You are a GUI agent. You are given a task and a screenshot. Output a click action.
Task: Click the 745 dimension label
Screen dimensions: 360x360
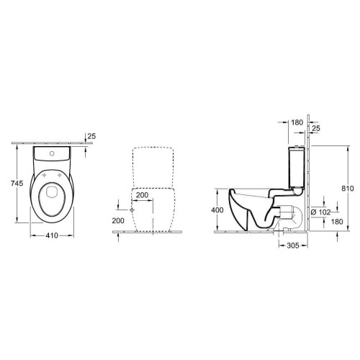(x=17, y=184)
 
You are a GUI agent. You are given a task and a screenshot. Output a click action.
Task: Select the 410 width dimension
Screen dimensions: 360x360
(x=52, y=235)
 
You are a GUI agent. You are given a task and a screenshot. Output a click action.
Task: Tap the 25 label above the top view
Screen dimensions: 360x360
(x=91, y=136)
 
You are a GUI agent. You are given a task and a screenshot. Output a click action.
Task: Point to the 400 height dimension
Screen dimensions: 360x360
(x=217, y=210)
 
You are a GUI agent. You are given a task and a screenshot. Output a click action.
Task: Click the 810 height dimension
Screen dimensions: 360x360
(x=348, y=189)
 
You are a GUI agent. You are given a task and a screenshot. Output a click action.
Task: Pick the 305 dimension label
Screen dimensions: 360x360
(x=293, y=246)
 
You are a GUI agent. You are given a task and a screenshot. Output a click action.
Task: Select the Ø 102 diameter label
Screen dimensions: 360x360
(x=320, y=212)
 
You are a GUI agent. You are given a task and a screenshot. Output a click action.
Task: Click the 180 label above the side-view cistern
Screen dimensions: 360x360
(x=297, y=122)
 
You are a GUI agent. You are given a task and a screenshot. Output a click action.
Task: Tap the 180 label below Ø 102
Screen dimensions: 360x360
(x=337, y=222)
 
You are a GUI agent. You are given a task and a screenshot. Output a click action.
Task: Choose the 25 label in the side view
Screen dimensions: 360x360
(x=316, y=128)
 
